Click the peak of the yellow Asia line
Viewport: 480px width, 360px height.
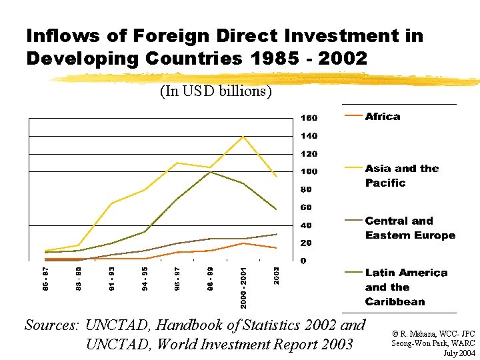[x=243, y=136]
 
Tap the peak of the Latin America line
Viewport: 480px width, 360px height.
[x=211, y=172]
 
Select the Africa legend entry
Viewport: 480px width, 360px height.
[x=382, y=117]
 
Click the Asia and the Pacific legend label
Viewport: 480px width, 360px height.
[x=401, y=176]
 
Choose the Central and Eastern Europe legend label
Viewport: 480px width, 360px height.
[x=409, y=228]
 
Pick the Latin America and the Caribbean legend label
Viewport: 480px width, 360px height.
[x=405, y=287]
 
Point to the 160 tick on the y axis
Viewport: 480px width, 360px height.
[x=309, y=118]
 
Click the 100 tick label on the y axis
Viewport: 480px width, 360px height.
[x=309, y=171]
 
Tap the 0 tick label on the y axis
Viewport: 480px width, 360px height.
[x=303, y=261]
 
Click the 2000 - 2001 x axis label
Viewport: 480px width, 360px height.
[x=244, y=287]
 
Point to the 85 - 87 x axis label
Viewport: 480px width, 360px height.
[x=45, y=279]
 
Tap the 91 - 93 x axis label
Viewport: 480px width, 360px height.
[x=112, y=279]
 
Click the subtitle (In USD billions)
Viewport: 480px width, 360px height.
[x=215, y=91]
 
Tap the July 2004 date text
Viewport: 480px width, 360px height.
[x=459, y=352]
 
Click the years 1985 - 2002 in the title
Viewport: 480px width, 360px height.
[x=309, y=59]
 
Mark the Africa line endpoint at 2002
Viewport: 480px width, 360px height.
[x=276, y=248]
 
